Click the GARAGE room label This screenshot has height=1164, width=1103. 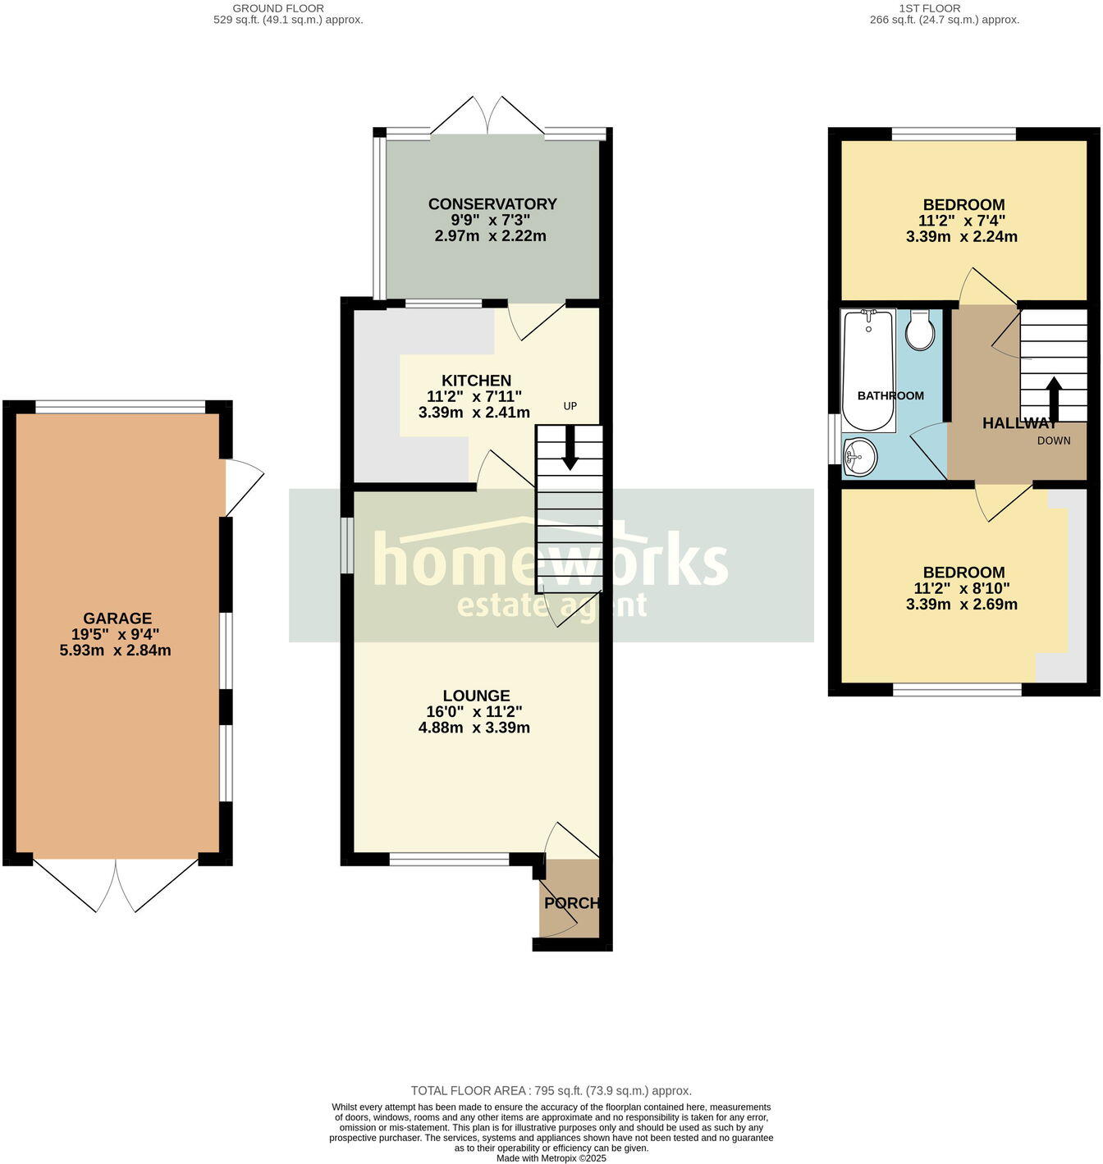point(117,619)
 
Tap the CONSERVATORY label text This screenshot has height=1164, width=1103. point(492,204)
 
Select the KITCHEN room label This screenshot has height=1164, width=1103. point(476,381)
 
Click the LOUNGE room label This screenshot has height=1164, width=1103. point(476,696)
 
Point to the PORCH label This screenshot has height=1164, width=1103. point(571,903)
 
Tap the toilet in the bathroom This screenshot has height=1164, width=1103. point(920,331)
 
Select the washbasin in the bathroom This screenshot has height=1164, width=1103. point(859,456)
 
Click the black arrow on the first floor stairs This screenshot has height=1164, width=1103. point(1054,397)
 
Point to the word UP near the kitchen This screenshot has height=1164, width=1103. point(570,406)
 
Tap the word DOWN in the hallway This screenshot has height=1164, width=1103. point(1054,440)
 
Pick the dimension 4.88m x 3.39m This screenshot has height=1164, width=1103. point(474,728)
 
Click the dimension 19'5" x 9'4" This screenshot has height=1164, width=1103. point(116,634)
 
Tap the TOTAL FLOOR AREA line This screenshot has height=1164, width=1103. point(551,1091)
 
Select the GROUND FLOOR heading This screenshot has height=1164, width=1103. point(278,8)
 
